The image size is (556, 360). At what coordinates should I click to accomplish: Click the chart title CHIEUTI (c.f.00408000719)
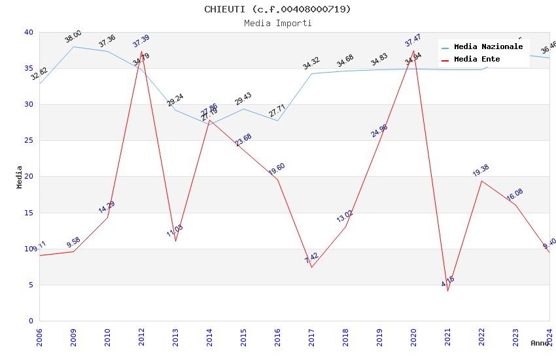pos(277,9)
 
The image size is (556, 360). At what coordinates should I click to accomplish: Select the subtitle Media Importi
pos(277,24)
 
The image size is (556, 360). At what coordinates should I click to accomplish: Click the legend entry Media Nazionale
pos(488,47)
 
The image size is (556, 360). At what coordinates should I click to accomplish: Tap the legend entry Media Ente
pos(477,60)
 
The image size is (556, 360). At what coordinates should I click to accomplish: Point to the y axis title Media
pos(20,177)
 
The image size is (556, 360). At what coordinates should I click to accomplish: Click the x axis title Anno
pos(540,343)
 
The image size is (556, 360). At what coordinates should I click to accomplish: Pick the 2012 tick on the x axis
pos(142,336)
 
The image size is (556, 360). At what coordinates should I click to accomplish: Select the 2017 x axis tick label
pos(312,336)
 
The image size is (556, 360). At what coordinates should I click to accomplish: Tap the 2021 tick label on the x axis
pos(448,336)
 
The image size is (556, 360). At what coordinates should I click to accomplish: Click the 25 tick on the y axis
pos(28,141)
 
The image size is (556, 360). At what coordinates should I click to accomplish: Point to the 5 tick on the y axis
pos(30,285)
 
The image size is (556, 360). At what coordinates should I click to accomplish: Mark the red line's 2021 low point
pos(448,291)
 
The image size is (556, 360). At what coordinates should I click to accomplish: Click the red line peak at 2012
pos(142,51)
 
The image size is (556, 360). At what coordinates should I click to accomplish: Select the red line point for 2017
pos(312,267)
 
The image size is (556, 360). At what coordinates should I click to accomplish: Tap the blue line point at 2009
pos(73,46)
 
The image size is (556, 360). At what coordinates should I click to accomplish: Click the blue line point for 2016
pos(278,120)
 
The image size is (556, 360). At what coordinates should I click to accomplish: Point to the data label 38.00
pos(73,37)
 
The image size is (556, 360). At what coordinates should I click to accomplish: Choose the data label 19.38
pos(481,171)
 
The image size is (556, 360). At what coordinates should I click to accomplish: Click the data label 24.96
pos(379,131)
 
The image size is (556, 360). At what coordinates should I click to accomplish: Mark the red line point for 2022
pos(482,181)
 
